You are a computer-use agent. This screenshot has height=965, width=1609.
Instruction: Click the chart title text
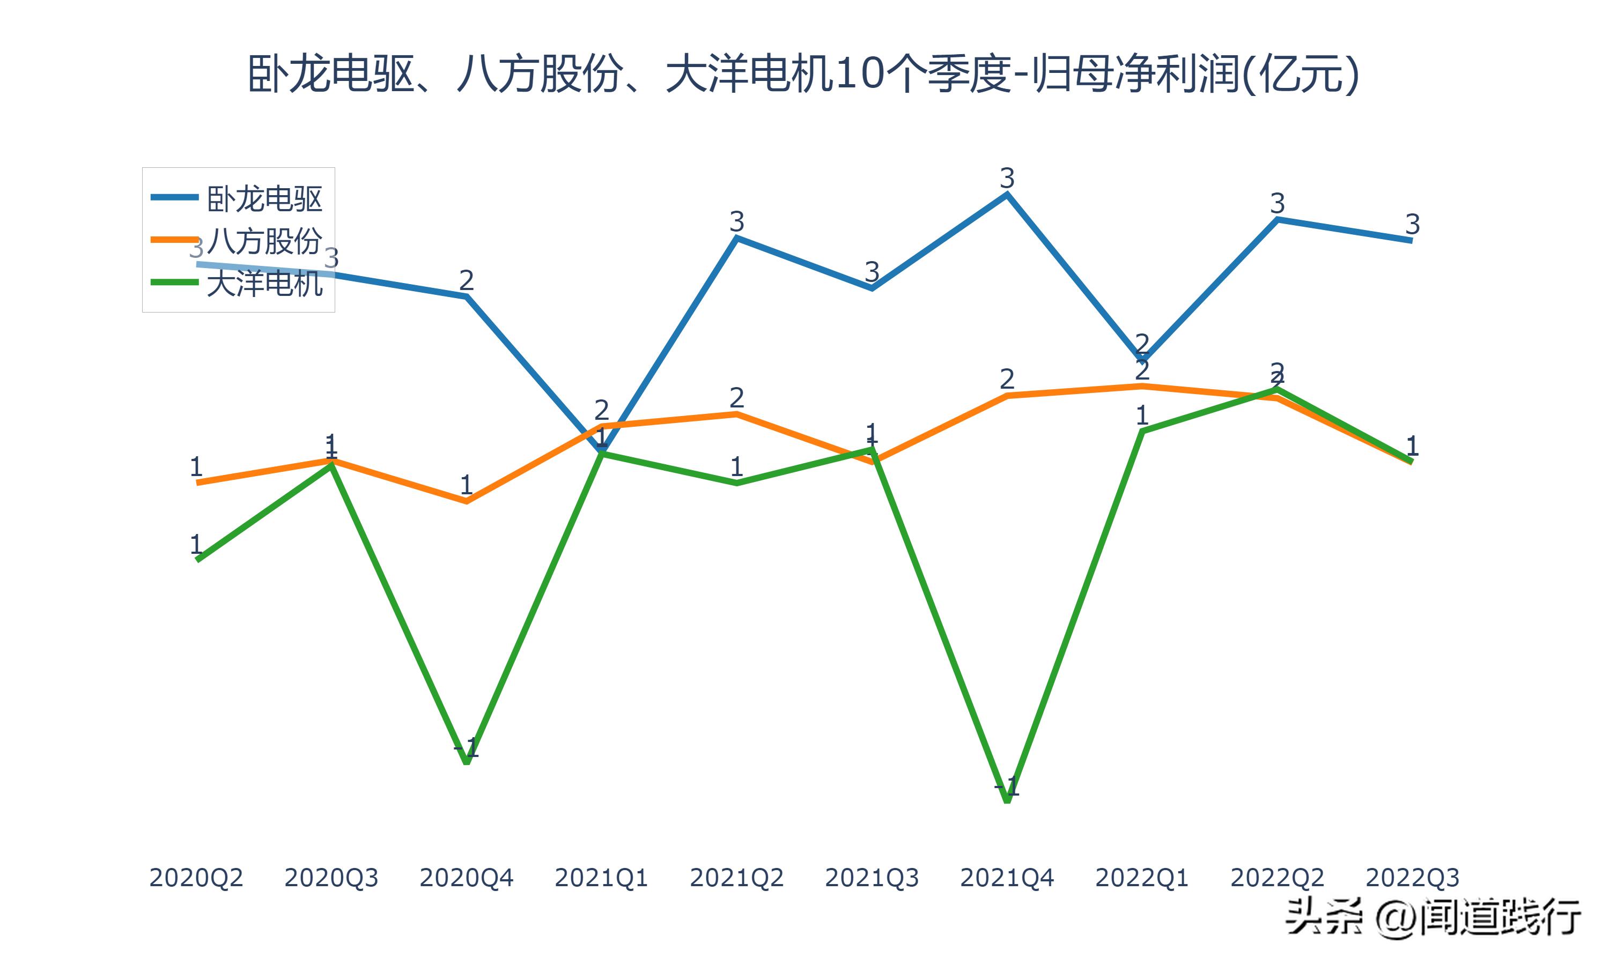(x=803, y=73)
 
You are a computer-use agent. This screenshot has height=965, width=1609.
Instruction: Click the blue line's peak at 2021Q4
(x=1007, y=194)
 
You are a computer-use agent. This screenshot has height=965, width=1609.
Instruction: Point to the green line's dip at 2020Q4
(x=466, y=761)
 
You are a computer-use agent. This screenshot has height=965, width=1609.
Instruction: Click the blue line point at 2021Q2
(x=736, y=239)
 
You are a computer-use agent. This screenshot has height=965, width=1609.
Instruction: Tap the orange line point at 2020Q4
(x=466, y=501)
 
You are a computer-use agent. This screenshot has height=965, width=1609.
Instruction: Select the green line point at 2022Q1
(x=1142, y=431)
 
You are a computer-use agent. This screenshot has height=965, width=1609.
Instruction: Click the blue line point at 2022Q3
(x=1411, y=241)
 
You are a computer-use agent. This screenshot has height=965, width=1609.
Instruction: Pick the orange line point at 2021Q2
(x=736, y=413)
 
